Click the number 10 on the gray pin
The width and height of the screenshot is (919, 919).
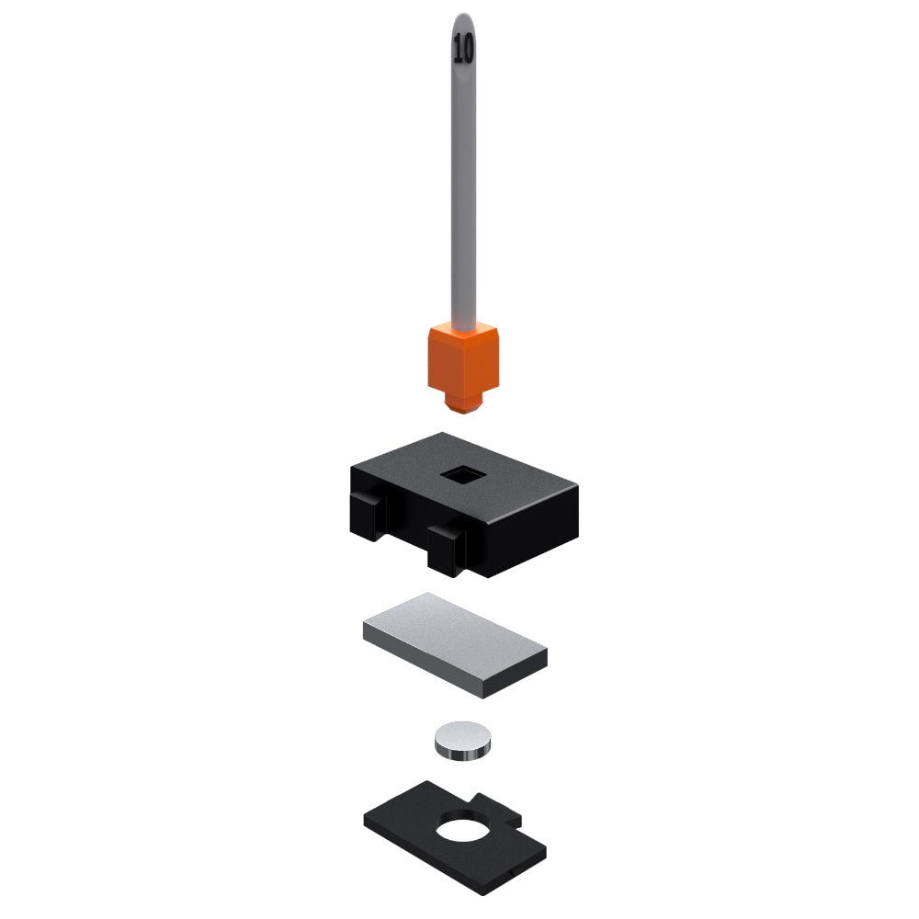pos(463,48)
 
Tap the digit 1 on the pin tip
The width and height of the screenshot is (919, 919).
pos(457,48)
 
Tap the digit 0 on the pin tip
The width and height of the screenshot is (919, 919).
pos(468,48)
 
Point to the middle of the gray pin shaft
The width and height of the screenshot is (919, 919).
pos(463,176)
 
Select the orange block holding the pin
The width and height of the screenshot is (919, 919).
pos(463,363)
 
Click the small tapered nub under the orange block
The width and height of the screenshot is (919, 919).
pos(463,403)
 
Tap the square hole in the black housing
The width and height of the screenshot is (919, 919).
pos(463,475)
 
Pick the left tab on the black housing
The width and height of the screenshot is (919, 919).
pos(369,516)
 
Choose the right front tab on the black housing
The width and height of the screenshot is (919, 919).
pos(447,550)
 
